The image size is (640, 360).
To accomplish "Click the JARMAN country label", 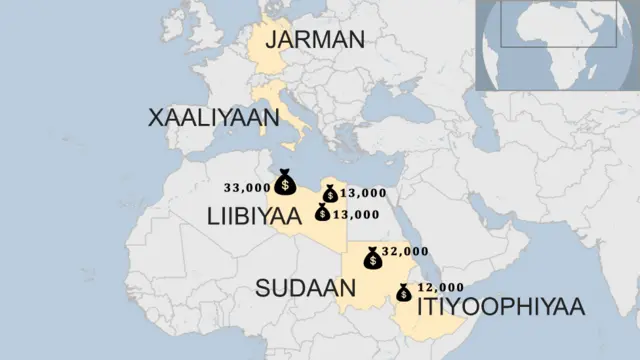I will [315, 40].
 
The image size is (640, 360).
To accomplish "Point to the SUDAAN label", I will [306, 289].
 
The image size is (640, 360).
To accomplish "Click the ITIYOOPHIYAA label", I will [500, 306].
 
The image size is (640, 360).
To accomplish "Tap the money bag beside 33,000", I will [285, 182].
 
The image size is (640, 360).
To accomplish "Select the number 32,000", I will [405, 251].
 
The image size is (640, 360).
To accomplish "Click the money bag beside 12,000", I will [404, 292].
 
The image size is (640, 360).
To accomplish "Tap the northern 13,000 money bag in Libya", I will [329, 193].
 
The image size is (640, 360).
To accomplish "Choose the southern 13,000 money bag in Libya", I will [322, 212].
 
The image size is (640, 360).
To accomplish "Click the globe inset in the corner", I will [557, 44].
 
